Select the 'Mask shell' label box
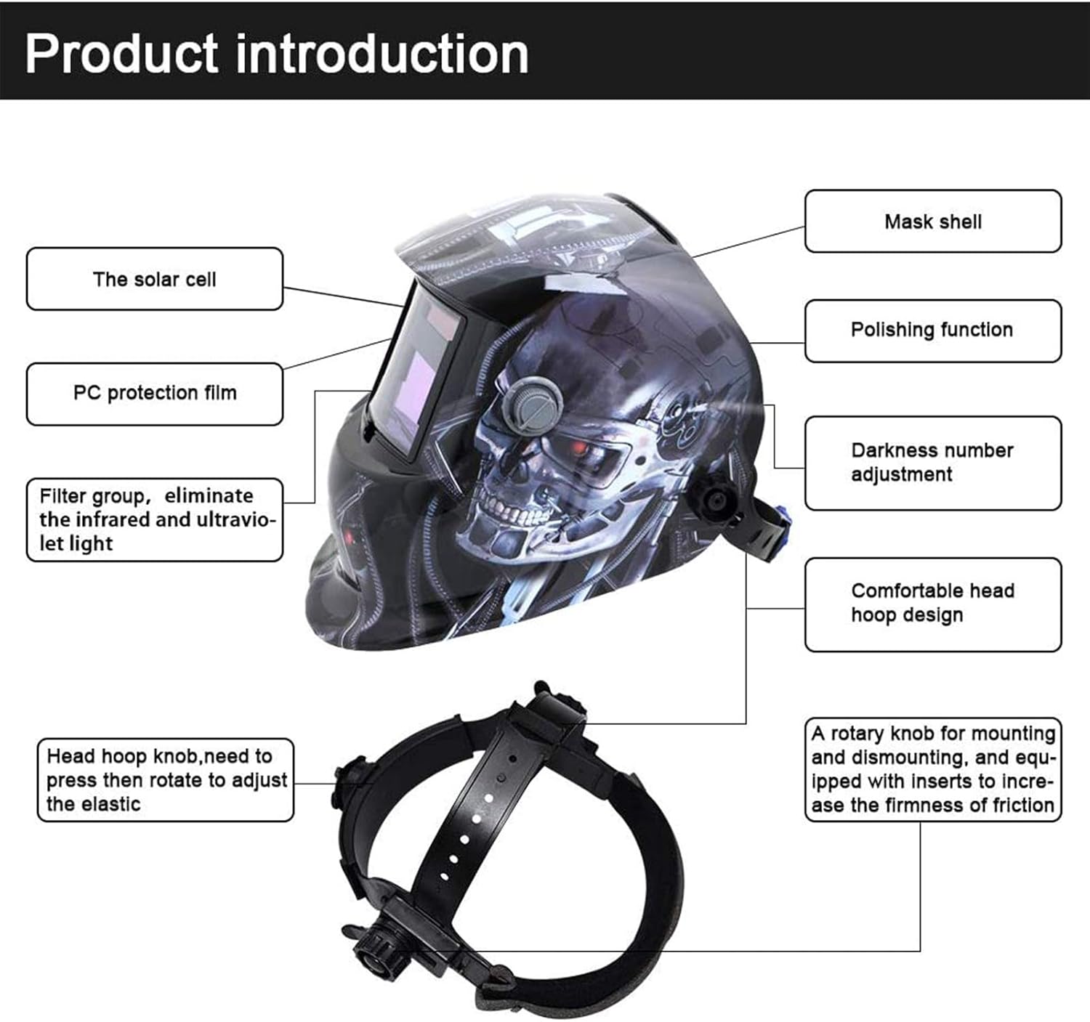click(x=932, y=222)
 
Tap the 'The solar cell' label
click(x=154, y=279)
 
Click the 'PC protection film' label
click(x=154, y=393)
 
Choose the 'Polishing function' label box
click(x=932, y=330)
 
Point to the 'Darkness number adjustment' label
click(x=932, y=462)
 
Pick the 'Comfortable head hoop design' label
click(x=932, y=603)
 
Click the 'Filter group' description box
click(x=154, y=519)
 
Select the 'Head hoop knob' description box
click(x=166, y=779)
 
